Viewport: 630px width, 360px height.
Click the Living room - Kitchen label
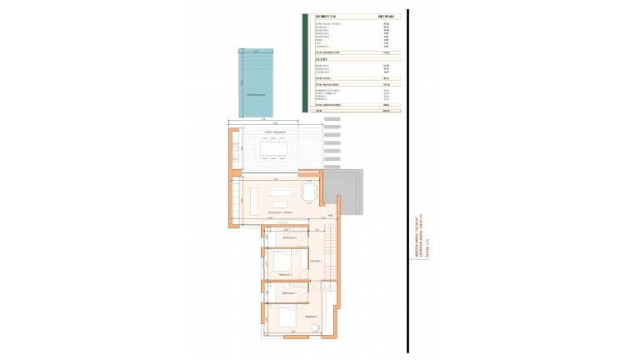point(279,213)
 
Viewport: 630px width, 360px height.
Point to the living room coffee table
point(278,202)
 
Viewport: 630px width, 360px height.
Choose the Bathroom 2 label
point(291,238)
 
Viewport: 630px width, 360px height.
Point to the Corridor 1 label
point(315,262)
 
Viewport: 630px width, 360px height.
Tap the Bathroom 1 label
point(289,293)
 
